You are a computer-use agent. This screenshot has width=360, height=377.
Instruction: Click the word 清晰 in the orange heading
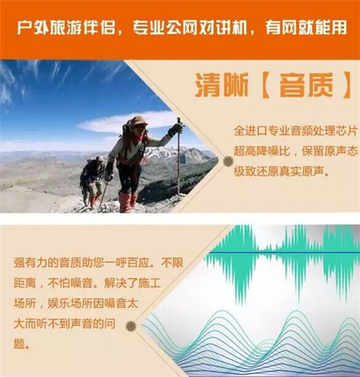coord(222,84)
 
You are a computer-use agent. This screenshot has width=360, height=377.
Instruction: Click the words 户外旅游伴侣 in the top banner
coord(65,27)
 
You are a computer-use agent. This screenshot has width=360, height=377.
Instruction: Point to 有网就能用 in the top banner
coord(306,27)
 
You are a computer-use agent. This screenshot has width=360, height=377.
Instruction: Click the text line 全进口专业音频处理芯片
coord(296,131)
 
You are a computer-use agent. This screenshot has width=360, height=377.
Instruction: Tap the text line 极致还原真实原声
coord(281,171)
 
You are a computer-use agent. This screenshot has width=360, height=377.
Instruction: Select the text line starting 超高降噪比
coord(296,151)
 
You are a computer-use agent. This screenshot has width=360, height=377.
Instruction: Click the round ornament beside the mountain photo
coord(228,161)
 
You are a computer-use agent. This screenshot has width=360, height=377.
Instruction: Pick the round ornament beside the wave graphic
coord(131,326)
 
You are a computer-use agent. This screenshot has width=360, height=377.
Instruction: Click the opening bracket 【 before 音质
coord(266,85)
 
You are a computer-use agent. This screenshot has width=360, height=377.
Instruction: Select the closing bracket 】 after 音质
coord(346,85)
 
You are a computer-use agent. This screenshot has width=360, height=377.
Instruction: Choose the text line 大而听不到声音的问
coord(64,324)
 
